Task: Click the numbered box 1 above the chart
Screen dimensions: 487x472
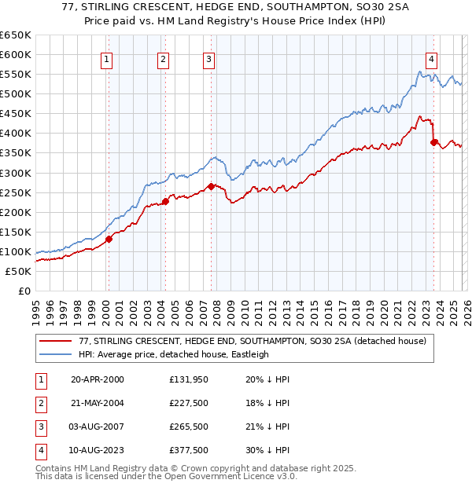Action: (107, 57)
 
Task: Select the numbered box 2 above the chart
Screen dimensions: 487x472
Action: (163, 57)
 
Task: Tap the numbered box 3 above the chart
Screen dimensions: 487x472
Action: (208, 57)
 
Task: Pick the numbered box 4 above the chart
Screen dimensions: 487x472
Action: (432, 57)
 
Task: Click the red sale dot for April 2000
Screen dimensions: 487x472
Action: (109, 240)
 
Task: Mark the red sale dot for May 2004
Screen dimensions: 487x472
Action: (165, 201)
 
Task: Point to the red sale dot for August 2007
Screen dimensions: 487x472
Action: (211, 186)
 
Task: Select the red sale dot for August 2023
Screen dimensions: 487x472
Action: (433, 142)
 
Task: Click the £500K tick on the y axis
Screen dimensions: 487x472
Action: (16, 94)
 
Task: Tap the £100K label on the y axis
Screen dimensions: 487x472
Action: (16, 251)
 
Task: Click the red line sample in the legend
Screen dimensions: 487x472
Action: (55, 341)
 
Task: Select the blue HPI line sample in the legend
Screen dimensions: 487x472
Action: (55, 354)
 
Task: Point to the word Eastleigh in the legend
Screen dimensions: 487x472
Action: (249, 354)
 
